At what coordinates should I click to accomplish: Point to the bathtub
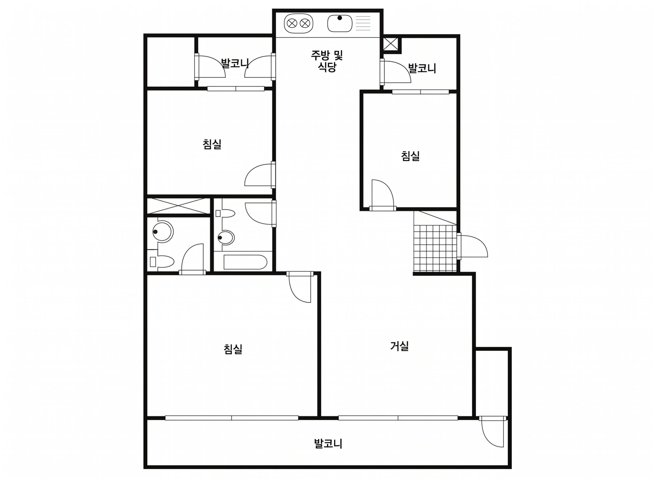(245, 262)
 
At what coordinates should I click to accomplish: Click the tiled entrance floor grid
(435, 248)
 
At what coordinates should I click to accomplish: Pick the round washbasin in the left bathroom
(163, 232)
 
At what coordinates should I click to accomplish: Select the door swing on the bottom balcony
(492, 434)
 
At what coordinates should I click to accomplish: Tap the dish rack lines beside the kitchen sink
(363, 23)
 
